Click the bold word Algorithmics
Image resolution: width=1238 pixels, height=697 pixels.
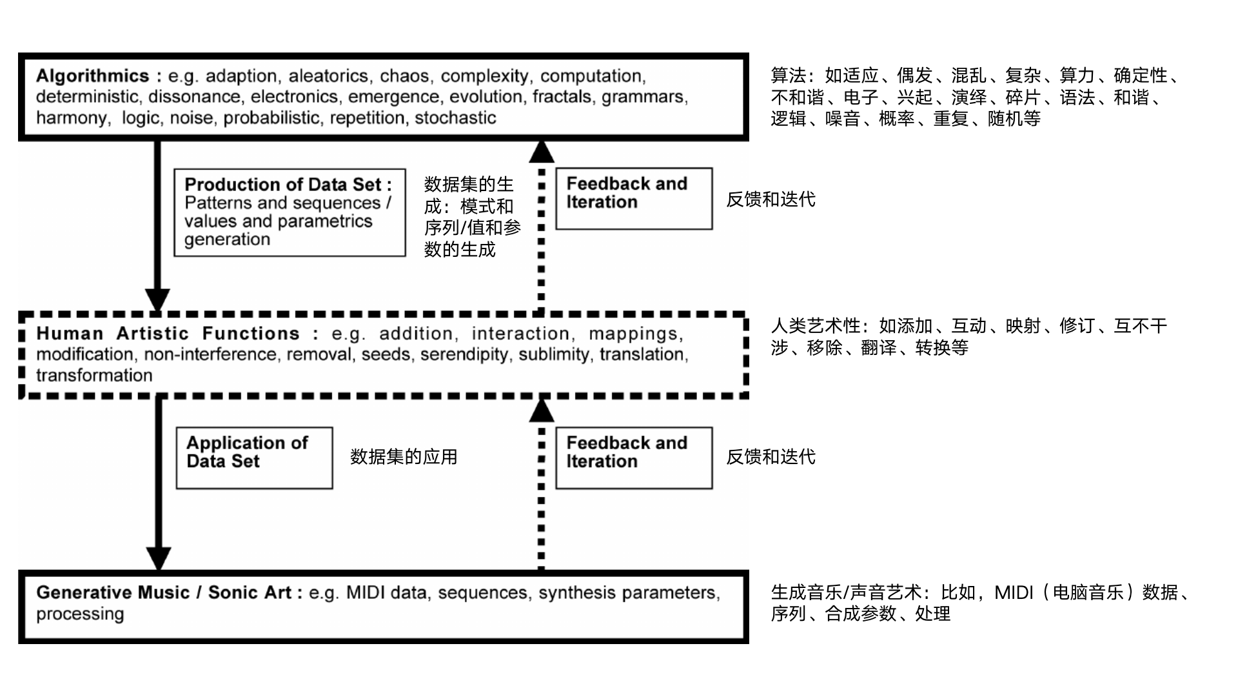click(92, 76)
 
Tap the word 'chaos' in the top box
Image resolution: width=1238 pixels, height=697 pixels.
click(404, 76)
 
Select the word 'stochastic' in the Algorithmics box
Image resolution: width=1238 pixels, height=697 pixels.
click(455, 118)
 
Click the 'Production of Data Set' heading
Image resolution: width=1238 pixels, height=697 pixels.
click(288, 185)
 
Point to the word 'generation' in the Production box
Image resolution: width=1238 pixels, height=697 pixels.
click(227, 239)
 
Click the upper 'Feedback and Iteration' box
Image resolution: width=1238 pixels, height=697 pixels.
click(634, 198)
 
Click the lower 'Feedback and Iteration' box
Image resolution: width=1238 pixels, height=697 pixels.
click(634, 458)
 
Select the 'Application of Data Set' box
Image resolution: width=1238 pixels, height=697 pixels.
click(254, 458)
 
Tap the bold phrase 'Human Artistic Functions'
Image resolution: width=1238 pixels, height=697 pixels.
click(168, 334)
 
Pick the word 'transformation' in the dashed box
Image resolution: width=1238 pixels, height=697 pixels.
click(94, 376)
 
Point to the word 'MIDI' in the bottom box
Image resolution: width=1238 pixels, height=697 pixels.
click(365, 592)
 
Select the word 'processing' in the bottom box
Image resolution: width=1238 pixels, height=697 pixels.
click(80, 614)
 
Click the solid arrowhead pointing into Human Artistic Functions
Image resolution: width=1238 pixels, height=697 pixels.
click(157, 299)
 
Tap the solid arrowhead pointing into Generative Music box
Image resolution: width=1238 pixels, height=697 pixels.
click(159, 558)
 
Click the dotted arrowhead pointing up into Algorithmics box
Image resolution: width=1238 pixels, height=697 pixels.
click(542, 152)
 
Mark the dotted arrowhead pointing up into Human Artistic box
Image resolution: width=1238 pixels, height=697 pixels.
click(542, 410)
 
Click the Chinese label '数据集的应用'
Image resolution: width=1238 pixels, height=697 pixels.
click(404, 457)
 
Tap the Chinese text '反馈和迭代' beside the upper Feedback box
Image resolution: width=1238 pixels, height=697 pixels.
click(771, 199)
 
